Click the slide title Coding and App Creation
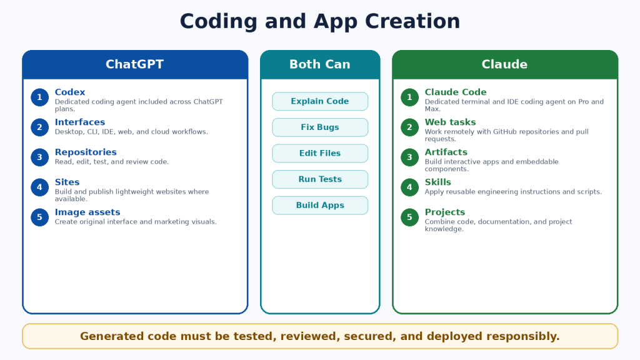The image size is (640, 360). (x=320, y=21)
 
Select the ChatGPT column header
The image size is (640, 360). (x=135, y=64)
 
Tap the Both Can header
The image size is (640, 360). (x=320, y=64)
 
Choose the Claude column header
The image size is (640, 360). (x=504, y=64)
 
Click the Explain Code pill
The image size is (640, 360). (x=320, y=101)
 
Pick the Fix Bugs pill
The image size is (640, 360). (x=320, y=127)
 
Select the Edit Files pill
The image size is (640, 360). (x=320, y=154)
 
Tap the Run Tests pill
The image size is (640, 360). (x=320, y=179)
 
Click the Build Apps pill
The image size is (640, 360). (x=320, y=205)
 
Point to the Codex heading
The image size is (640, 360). (x=70, y=92)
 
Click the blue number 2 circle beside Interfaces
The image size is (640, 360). (x=39, y=127)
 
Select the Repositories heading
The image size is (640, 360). (x=86, y=152)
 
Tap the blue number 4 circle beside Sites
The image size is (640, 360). (x=39, y=187)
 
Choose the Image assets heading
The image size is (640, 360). (x=87, y=212)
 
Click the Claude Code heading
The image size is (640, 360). (x=456, y=92)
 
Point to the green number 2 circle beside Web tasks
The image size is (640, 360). (x=409, y=127)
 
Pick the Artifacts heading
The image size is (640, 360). (x=446, y=152)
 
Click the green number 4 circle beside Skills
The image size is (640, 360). (x=409, y=187)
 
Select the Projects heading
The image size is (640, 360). (x=445, y=212)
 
